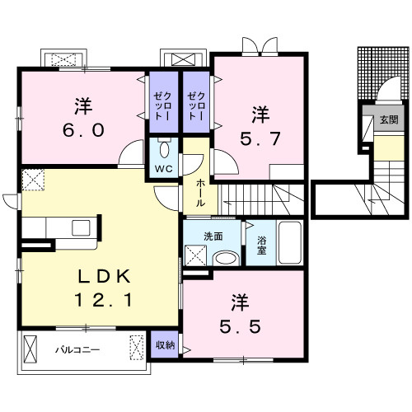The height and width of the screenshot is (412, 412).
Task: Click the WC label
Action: click(164, 169)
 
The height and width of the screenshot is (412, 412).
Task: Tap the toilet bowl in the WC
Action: click(164, 148)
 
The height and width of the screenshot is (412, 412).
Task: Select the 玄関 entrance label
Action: click(389, 119)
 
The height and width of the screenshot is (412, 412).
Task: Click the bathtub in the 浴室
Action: click(290, 242)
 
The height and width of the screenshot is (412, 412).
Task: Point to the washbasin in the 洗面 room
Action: click(226, 258)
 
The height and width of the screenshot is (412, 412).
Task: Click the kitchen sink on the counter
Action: click(81, 227)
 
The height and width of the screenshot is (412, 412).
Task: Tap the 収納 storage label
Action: click(165, 345)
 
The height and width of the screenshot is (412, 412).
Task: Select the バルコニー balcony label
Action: click(77, 350)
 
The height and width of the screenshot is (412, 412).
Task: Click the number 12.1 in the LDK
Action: click(104, 300)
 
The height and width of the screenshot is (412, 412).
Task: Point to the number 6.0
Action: click(83, 130)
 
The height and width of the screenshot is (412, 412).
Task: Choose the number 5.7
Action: click(260, 138)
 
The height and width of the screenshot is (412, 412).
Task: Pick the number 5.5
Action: click(240, 327)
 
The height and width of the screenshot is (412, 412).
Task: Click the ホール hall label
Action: click(200, 193)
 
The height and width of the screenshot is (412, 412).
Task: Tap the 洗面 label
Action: click(213, 236)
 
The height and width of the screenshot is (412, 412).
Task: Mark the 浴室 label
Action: click(261, 246)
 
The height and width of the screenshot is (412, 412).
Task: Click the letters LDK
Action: click(104, 277)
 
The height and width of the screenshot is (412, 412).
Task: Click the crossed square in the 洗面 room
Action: click(195, 255)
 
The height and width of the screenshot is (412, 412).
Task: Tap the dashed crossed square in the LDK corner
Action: click(33, 180)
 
